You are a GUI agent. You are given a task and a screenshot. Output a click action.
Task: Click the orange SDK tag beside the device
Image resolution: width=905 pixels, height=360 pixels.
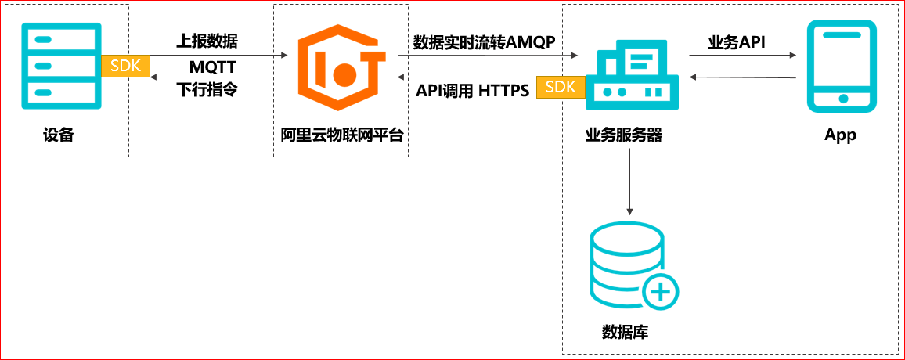124,66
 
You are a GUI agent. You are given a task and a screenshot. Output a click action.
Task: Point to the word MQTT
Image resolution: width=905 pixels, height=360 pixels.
212,67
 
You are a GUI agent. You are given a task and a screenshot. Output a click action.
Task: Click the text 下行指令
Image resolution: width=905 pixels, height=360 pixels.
207,89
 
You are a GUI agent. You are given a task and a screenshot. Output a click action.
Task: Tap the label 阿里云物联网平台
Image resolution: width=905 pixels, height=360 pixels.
341,135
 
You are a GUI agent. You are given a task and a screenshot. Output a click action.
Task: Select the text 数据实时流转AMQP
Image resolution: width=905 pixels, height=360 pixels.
484,42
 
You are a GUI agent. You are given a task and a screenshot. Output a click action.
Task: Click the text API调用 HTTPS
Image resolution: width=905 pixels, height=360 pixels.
472,90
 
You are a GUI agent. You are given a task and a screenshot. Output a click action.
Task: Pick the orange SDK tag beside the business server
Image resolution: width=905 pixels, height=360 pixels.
560,87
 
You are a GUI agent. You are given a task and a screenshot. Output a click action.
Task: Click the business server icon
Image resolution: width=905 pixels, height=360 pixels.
633,77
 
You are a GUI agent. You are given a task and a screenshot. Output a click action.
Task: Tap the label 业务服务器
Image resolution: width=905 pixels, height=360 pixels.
624,135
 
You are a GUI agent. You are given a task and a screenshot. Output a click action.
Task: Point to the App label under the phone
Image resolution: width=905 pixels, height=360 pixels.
840,135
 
